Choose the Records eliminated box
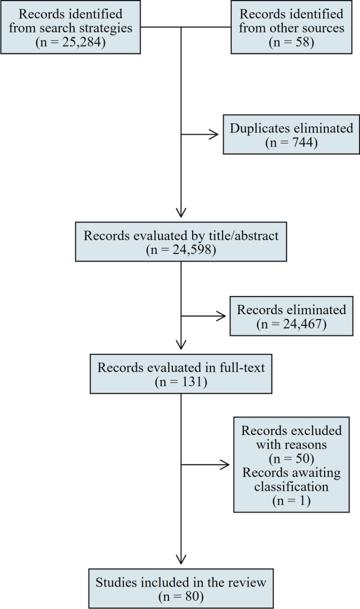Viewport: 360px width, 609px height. coord(291,319)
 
